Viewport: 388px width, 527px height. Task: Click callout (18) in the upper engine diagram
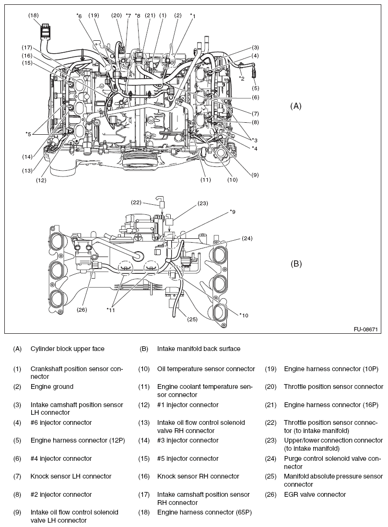click(33, 15)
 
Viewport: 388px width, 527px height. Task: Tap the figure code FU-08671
click(365, 330)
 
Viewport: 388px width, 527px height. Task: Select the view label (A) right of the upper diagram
click(296, 106)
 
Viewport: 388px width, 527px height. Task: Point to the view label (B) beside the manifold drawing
click(296, 263)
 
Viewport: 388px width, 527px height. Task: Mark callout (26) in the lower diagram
click(82, 309)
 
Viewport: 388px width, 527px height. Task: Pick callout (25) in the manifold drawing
click(192, 319)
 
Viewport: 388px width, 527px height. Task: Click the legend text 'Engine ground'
click(52, 386)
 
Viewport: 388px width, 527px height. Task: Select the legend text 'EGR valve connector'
click(315, 494)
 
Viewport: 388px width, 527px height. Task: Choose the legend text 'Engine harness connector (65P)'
click(204, 512)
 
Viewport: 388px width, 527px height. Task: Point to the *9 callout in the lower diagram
click(232, 211)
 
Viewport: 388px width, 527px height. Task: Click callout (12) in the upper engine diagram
click(40, 181)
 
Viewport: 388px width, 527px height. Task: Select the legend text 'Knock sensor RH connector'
click(198, 476)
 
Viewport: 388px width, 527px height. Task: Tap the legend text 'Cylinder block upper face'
click(67, 349)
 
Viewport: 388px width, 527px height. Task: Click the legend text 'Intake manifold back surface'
click(199, 349)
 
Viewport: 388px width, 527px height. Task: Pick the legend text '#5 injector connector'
click(188, 458)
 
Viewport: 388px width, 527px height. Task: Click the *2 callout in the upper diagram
click(242, 78)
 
